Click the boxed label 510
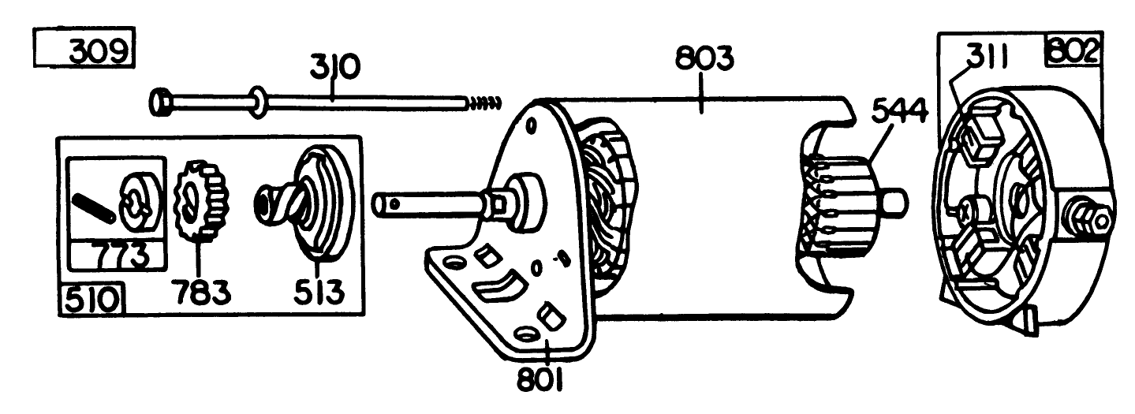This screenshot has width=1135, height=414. click(x=91, y=301)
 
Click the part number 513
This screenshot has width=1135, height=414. click(x=319, y=292)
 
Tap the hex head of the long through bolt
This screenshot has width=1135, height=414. click(x=159, y=102)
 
